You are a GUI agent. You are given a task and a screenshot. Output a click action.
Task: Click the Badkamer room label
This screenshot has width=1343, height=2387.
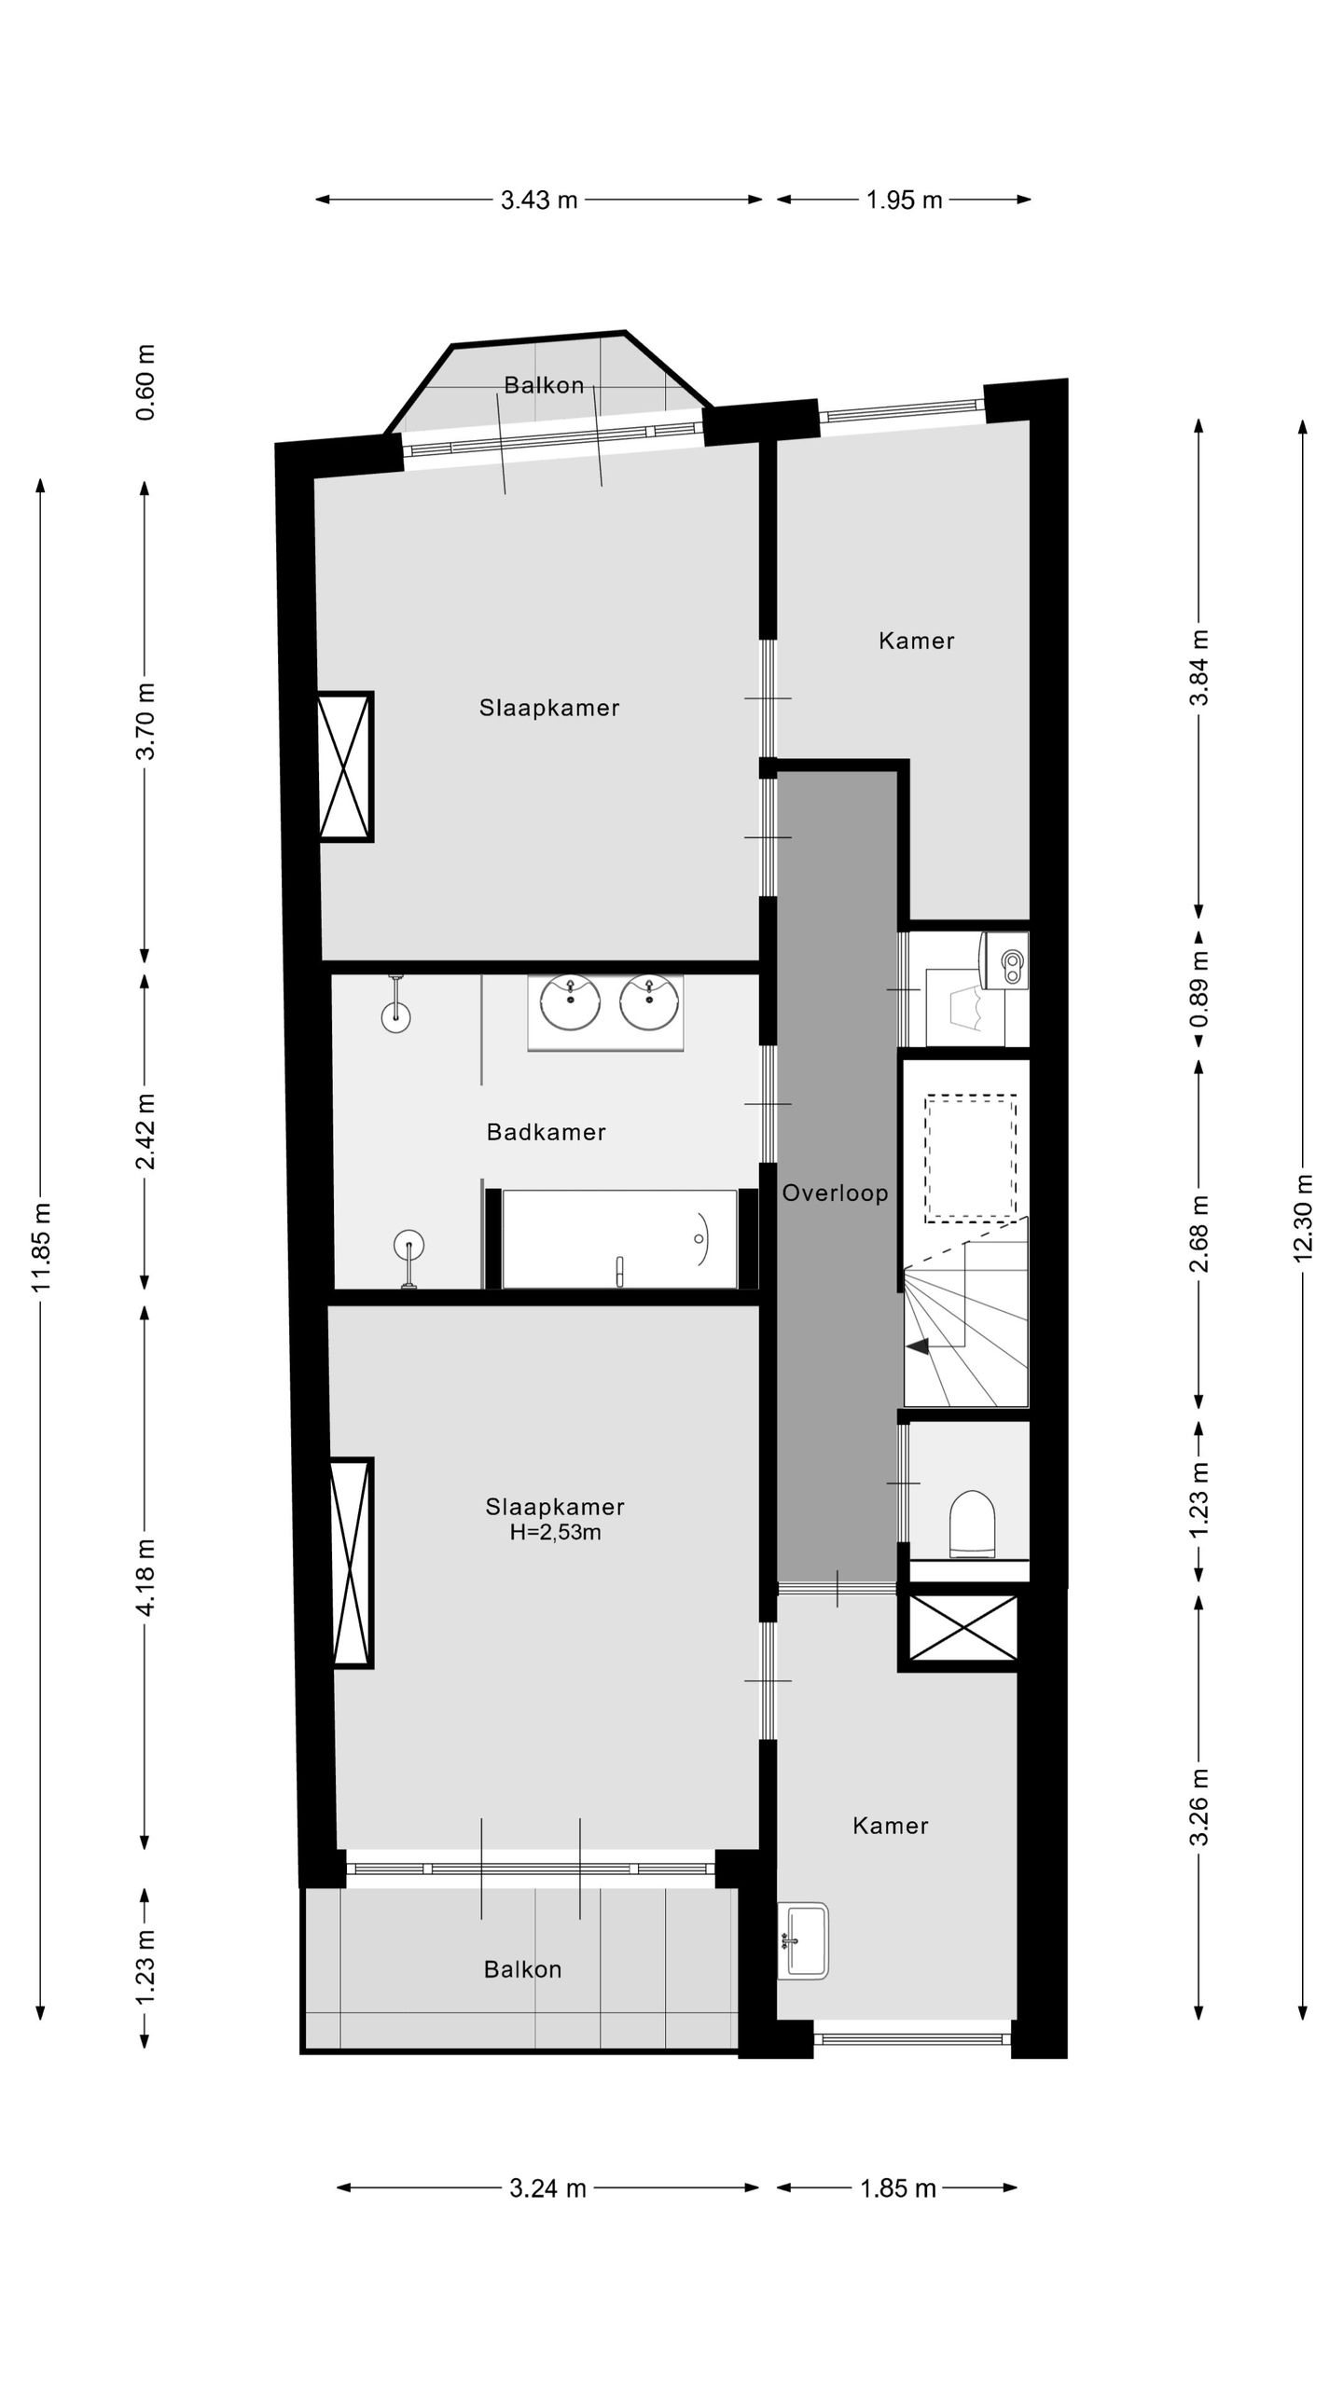coord(547,1132)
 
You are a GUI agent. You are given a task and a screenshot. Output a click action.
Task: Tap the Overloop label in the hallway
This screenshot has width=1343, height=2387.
coord(835,1193)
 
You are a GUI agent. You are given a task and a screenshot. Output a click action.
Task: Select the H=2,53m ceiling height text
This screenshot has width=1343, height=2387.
coord(555,1532)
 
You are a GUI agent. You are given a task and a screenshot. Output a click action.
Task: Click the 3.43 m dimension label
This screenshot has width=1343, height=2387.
coord(539,200)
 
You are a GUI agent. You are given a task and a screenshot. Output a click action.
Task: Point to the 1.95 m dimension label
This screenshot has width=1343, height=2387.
coord(904,200)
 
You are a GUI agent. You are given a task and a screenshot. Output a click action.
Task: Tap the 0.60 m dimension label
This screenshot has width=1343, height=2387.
coord(145,382)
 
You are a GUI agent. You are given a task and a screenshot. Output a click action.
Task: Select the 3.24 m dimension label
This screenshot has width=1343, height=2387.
coord(547,2188)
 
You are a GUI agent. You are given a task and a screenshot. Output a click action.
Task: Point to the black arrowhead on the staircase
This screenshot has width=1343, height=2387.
coord(918,1346)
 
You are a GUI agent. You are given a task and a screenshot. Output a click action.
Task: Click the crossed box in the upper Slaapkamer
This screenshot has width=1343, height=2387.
coord(345,766)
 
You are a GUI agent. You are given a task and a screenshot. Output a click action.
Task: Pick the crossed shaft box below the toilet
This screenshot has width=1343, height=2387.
coord(962,1627)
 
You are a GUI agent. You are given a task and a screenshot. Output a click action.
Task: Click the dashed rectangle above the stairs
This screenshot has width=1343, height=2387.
coord(971,1159)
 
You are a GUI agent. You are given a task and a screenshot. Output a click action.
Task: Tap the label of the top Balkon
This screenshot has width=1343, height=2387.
coord(544,385)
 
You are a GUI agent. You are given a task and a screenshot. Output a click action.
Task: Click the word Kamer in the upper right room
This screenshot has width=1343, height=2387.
coord(917,641)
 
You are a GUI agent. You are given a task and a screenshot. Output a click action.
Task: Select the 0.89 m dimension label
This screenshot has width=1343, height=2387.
coord(1200,988)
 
